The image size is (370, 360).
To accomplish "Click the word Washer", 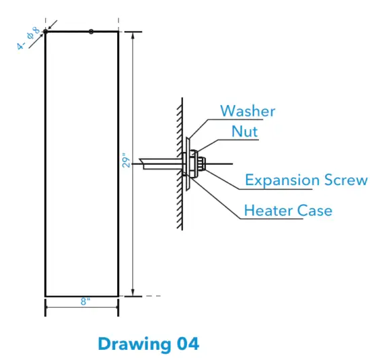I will [248, 111].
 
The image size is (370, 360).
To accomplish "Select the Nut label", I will [245, 131].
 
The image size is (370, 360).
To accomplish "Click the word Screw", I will [346, 180].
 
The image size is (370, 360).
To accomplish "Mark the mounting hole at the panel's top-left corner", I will [45, 32].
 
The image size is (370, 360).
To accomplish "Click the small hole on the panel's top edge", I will [91, 31].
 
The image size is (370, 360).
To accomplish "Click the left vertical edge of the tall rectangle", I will [45, 161].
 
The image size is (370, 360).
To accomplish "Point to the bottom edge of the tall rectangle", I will [81, 295].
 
